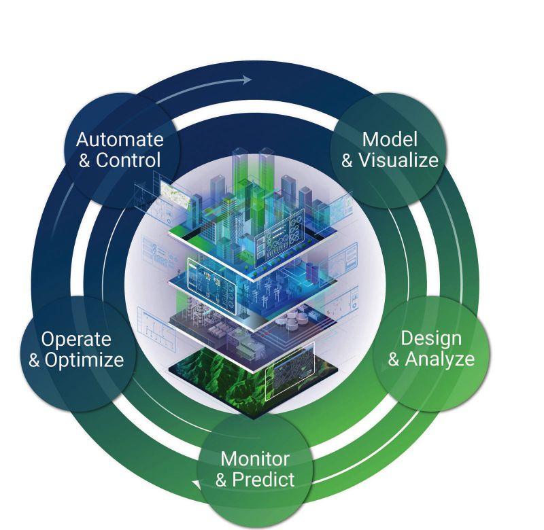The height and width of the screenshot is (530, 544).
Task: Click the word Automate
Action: click(120, 139)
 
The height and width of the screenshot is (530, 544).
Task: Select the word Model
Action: click(389, 139)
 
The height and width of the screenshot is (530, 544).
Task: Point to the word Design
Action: click(431, 338)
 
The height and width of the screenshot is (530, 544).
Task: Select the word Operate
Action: click(75, 338)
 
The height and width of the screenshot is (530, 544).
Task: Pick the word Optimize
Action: click(84, 359)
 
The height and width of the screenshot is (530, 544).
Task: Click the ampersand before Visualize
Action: click(347, 161)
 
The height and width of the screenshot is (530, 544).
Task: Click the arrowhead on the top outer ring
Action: click(246, 79)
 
